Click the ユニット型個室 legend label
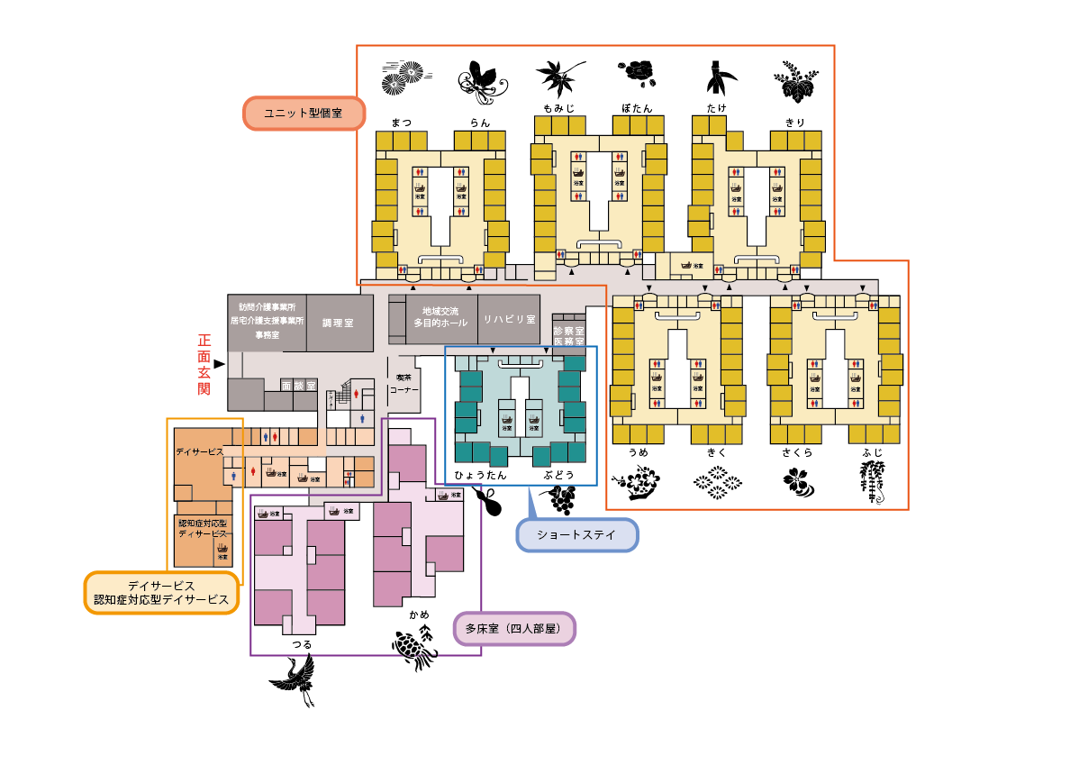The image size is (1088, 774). [304, 114]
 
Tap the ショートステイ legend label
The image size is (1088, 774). [576, 534]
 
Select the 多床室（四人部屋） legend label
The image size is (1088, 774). [514, 628]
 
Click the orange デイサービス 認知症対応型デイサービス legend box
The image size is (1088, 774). [161, 593]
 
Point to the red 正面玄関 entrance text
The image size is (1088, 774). [204, 364]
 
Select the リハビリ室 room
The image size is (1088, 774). [509, 319]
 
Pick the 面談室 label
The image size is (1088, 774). [298, 385]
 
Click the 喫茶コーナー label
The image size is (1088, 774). [403, 385]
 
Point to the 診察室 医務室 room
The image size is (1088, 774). [568, 336]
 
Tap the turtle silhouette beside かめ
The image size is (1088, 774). [414, 648]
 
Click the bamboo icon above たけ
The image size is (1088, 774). [718, 79]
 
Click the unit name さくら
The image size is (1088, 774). [795, 452]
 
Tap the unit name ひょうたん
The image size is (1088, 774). [480, 474]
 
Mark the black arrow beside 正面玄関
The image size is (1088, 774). [218, 363]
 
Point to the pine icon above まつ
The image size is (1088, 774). [402, 78]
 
